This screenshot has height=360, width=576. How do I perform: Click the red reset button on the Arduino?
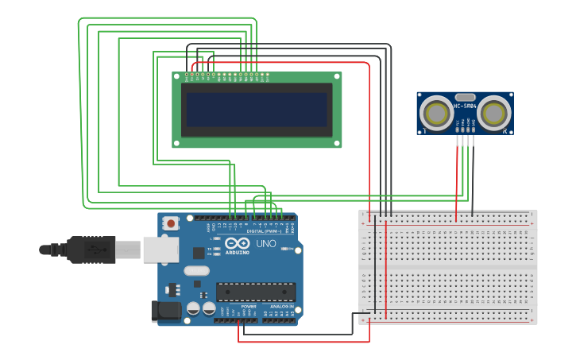[171, 223]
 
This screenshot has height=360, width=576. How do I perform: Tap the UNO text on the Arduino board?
[266, 243]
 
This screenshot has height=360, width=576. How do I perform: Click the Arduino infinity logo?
[236, 243]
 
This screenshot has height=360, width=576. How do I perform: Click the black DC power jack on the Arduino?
[166, 311]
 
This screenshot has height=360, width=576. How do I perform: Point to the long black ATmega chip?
[255, 292]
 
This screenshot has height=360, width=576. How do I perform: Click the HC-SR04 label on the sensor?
[465, 106]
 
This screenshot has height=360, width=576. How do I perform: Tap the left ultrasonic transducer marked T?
[436, 113]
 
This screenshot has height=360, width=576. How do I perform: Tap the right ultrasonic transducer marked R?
[493, 113]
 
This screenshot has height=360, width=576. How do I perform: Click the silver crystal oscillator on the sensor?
[465, 96]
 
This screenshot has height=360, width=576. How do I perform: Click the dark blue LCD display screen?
[257, 110]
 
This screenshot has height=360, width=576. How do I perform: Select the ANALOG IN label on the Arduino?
[280, 306]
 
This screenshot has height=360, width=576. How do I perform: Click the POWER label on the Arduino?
[249, 306]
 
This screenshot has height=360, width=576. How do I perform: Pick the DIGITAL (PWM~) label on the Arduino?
[264, 231]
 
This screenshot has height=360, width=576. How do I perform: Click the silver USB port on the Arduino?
[160, 250]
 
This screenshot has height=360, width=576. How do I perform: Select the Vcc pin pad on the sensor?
[458, 129]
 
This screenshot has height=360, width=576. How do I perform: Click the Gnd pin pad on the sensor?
[473, 129]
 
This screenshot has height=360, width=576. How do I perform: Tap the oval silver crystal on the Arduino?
[197, 271]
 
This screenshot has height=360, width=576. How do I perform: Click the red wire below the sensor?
[457, 179]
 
